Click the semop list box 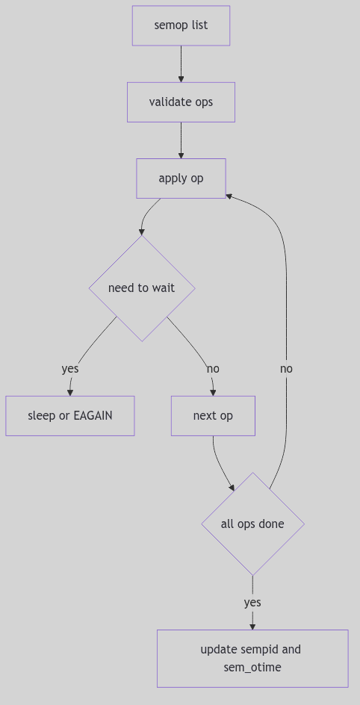(181, 25)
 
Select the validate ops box (181, 102)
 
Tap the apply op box (181, 178)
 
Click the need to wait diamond (142, 288)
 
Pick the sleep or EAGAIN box (70, 416)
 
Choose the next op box (213, 416)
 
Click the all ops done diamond (252, 524)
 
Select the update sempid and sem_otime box (252, 658)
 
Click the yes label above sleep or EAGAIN (70, 369)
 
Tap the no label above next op (213, 369)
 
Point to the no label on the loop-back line (286, 369)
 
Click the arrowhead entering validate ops (181, 78)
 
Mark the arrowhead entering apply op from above (181, 155)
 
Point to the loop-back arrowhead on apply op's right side (229, 196)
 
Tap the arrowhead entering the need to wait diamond (142, 232)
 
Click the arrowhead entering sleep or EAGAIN (70, 392)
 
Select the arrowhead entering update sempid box (252, 626)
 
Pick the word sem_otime (252, 667)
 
